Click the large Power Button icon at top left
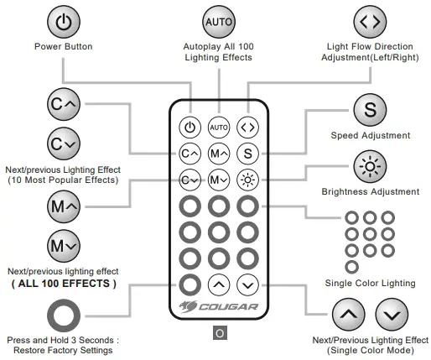click(x=63, y=21)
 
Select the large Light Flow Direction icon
click(x=370, y=21)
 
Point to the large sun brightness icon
click(x=370, y=167)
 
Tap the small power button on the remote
click(x=190, y=128)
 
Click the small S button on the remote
click(x=247, y=154)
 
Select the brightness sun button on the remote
click(x=247, y=179)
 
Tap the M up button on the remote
click(x=218, y=154)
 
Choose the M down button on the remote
click(x=218, y=179)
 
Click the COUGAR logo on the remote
click(x=219, y=305)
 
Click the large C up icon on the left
click(x=64, y=106)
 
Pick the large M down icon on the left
click(x=64, y=247)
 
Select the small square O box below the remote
click(x=219, y=333)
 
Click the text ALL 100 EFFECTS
click(x=64, y=284)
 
